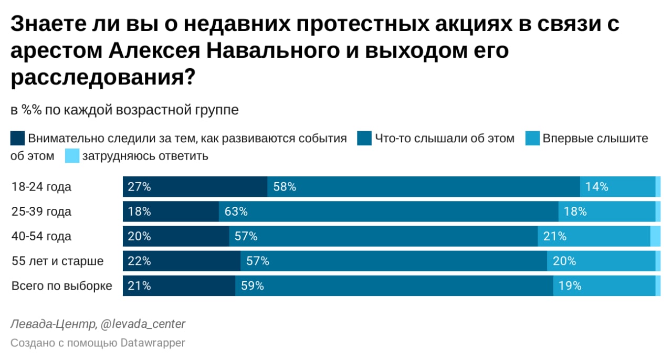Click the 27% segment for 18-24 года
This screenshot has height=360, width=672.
point(195,187)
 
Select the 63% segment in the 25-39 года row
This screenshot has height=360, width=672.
point(388,211)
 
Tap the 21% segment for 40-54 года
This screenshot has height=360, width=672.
point(594,236)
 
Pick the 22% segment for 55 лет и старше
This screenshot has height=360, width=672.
point(182,261)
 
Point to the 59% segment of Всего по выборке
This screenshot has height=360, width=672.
point(394,285)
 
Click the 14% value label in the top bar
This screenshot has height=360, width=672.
point(596,187)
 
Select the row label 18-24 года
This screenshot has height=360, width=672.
point(41,187)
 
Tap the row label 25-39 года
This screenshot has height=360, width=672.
point(41,211)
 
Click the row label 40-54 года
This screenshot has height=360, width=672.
point(41,236)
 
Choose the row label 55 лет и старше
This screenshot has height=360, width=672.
point(58,261)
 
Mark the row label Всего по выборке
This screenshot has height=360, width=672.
point(62,286)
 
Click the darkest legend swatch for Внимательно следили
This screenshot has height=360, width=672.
point(17,139)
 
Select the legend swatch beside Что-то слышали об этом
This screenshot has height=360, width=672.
point(364,139)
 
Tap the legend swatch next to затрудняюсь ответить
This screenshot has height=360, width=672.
point(72,156)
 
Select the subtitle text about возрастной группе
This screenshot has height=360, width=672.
point(124,110)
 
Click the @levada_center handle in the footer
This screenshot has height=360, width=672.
point(142,324)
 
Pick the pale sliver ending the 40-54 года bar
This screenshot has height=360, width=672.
point(655,236)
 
